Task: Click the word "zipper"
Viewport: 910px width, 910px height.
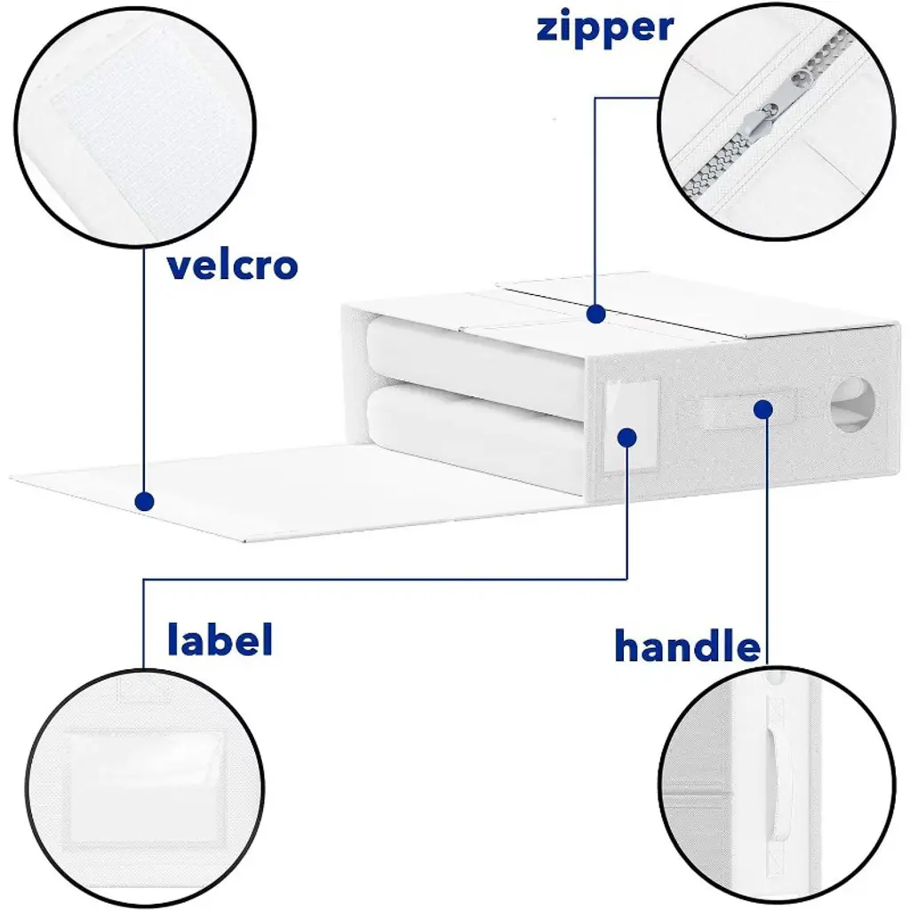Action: point(604,28)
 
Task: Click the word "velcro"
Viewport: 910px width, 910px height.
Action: point(233,265)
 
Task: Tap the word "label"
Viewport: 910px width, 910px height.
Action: point(220,639)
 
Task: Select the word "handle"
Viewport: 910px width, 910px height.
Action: point(687,645)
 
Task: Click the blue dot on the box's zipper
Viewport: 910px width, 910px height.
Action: point(596,314)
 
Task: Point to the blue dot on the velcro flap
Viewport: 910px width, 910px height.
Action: point(144,501)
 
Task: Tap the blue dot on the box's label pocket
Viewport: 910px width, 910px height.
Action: point(627,437)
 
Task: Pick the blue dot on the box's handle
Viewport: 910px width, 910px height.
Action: point(763,410)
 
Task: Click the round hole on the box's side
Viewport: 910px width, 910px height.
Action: point(852,404)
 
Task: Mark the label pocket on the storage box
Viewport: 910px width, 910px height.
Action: point(631,427)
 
